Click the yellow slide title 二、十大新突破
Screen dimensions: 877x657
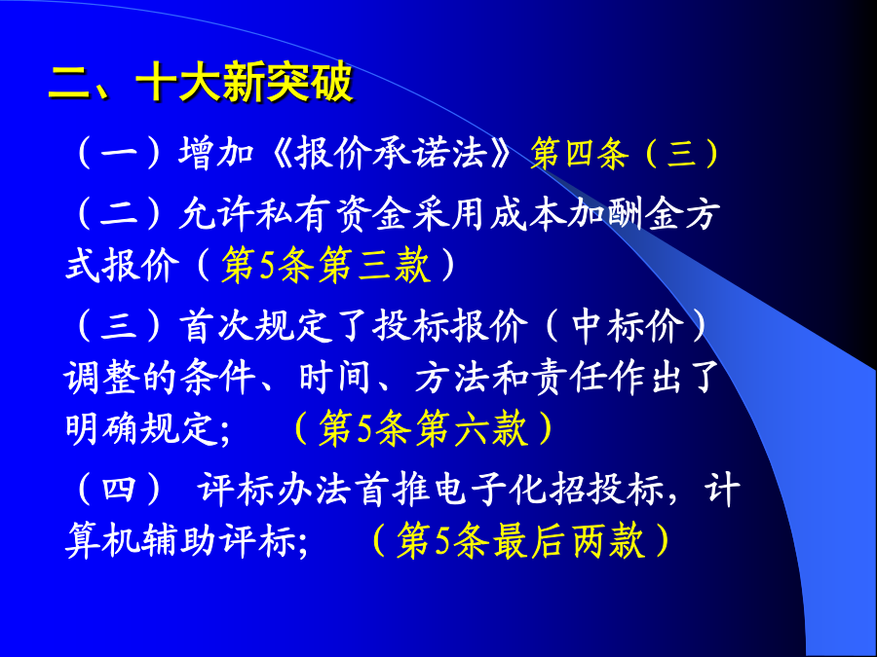click(201, 82)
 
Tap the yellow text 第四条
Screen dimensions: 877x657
click(580, 153)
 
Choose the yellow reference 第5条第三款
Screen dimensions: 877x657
click(326, 265)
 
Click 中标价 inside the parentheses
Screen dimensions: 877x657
click(629, 325)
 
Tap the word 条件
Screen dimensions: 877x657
click(218, 378)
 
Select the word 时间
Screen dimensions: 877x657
click(334, 378)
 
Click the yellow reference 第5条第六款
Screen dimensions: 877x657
click(424, 429)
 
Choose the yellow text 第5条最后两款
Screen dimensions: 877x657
click(520, 541)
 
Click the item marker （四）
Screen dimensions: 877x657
click(119, 490)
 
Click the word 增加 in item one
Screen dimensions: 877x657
click(216, 153)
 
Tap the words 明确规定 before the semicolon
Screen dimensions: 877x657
click(141, 429)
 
